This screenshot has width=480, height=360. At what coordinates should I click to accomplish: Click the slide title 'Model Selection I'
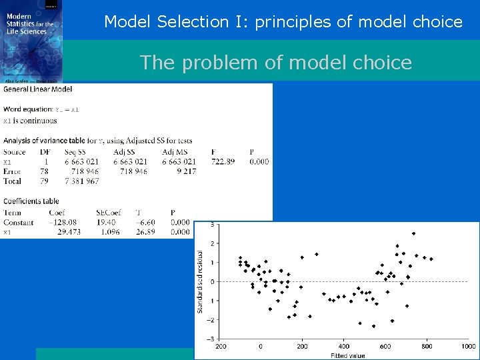tap(283, 21)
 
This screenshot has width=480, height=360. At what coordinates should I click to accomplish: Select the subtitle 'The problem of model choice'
tap(275, 63)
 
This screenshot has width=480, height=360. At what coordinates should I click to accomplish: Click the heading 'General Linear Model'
tap(38, 89)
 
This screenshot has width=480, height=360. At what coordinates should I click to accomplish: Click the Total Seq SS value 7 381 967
tap(81, 181)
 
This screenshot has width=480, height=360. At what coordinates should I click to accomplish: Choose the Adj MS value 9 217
tap(183, 171)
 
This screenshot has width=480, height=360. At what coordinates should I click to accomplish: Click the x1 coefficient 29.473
tap(65, 231)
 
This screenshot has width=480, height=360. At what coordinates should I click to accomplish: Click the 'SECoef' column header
tap(106, 213)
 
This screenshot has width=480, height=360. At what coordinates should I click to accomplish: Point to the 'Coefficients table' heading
tap(31, 201)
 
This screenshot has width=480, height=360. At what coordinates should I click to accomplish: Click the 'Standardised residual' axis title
tap(199, 282)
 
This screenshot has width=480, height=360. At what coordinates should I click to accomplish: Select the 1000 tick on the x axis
tap(468, 346)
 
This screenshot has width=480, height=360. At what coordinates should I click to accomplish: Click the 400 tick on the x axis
tap(343, 346)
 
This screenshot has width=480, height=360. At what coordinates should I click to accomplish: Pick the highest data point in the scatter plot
tap(413, 233)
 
